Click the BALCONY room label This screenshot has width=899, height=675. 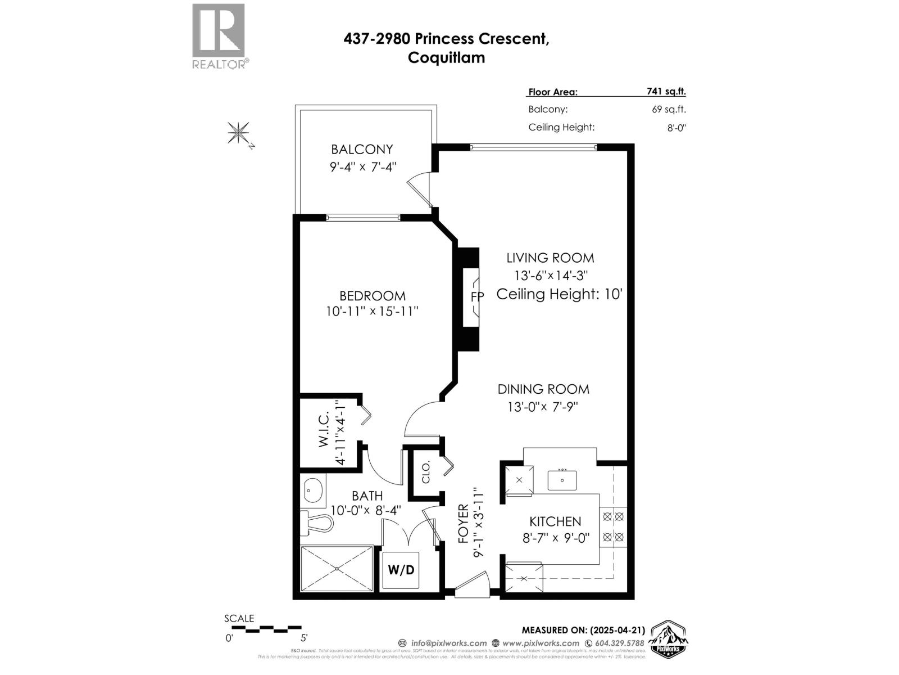coord(362,150)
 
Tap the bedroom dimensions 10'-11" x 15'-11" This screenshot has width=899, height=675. coord(372,311)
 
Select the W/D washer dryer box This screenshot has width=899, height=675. coord(401,570)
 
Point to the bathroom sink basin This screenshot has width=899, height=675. coord(314,490)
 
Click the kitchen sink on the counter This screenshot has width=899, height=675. coord(562,480)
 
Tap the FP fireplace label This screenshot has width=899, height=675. coord(476,296)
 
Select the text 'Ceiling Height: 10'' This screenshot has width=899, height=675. coord(559,294)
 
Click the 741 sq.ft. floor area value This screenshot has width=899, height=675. coord(666,92)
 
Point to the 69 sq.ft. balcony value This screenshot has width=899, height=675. coord(669,110)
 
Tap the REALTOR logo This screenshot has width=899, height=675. coord(219,36)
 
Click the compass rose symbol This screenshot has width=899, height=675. coord(239,134)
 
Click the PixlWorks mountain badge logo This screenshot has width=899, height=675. coord(669,640)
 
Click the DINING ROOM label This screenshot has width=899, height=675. coord(543,389)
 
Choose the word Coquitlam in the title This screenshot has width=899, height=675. coord(446,58)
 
